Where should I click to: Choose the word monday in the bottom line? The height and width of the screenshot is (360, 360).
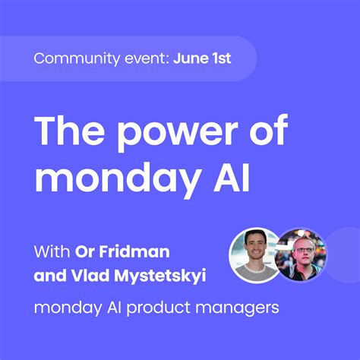pyautogui.click(x=66, y=310)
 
